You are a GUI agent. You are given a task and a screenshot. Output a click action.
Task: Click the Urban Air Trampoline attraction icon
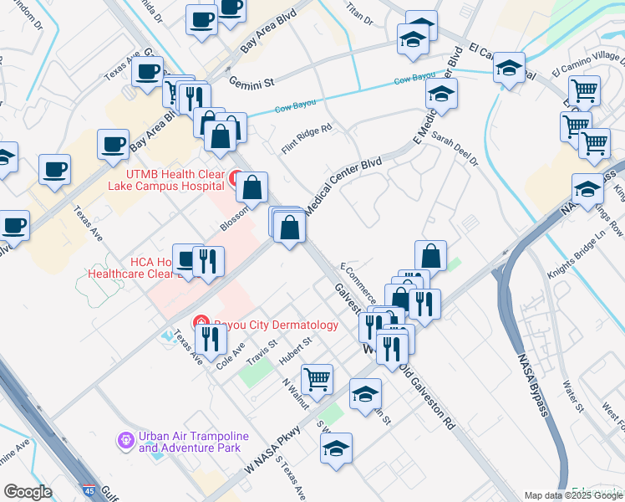pyautogui.click(x=126, y=438)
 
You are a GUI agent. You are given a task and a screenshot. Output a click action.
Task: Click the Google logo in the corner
pyautogui.click(x=27, y=492)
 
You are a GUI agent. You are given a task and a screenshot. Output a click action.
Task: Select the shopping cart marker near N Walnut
pyautogui.click(x=318, y=381)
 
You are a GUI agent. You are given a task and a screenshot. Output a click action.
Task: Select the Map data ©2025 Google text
pyautogui.click(x=572, y=495)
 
